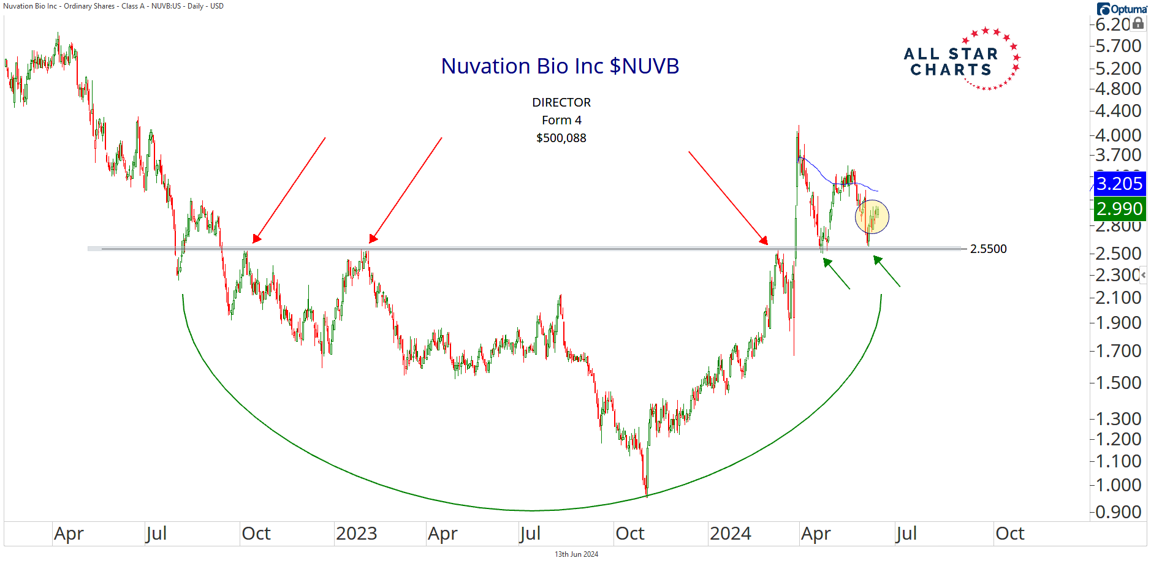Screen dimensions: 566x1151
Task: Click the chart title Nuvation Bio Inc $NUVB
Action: pos(560,66)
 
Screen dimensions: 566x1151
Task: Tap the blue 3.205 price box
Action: pos(1119,184)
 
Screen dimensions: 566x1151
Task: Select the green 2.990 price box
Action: pos(1119,209)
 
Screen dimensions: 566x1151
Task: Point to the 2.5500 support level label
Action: pos(988,249)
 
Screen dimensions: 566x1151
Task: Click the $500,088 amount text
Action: pos(561,138)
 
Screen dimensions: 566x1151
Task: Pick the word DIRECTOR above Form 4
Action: pos(561,102)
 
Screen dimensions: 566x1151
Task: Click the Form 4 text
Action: pos(561,120)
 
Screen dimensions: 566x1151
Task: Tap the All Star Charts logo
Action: pos(961,60)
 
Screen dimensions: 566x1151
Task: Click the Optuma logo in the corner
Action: pos(1122,9)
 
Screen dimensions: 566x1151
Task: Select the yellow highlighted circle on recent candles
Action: pos(872,217)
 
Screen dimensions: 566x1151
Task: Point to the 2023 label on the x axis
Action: pos(356,534)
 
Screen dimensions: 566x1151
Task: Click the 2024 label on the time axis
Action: pos(730,534)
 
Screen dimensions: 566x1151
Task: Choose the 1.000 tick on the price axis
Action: pos(1118,485)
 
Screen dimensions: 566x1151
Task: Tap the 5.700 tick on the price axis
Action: pos(1118,46)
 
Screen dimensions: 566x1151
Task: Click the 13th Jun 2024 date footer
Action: pos(576,554)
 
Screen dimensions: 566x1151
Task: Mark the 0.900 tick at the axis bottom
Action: pos(1118,512)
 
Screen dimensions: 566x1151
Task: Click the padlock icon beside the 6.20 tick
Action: pos(1138,23)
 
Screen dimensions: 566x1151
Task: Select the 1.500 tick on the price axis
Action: pos(1118,383)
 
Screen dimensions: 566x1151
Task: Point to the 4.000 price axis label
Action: pos(1118,135)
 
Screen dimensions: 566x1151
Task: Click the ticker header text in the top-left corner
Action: pos(113,6)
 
